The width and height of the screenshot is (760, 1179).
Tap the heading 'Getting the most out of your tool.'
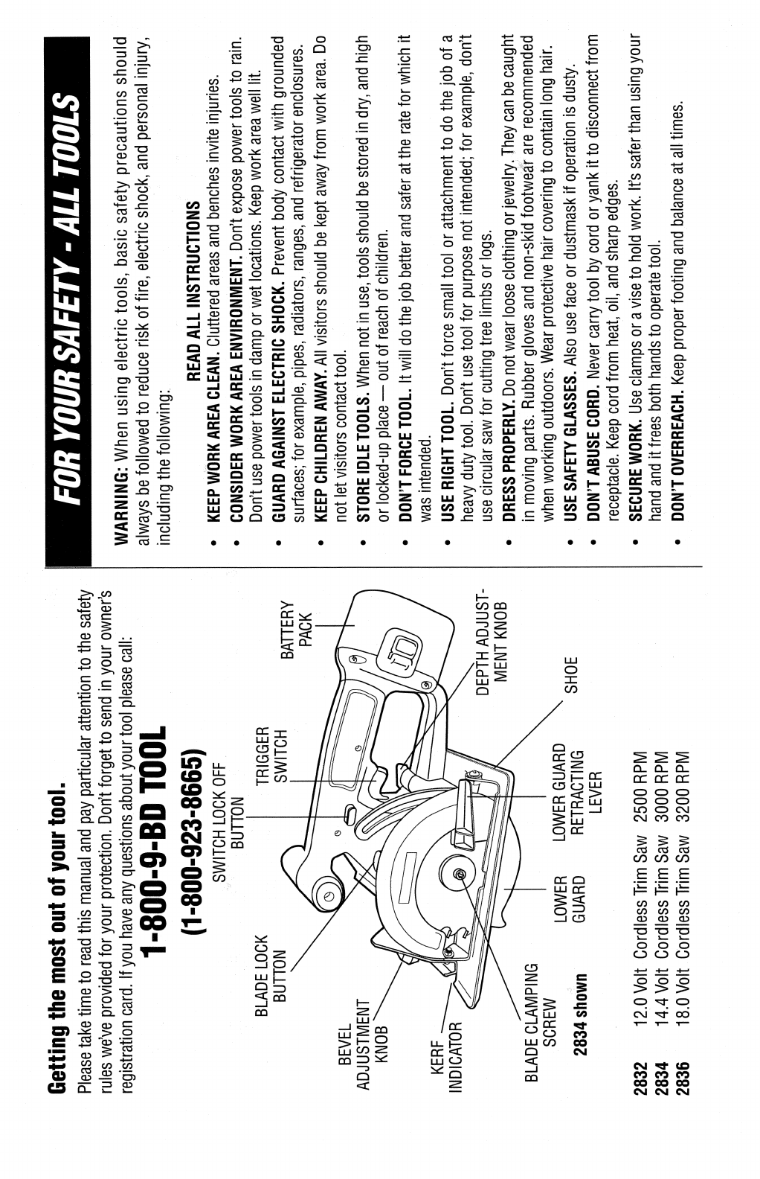[x=57, y=933]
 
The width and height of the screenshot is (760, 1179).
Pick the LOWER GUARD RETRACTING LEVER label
[x=581, y=779]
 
